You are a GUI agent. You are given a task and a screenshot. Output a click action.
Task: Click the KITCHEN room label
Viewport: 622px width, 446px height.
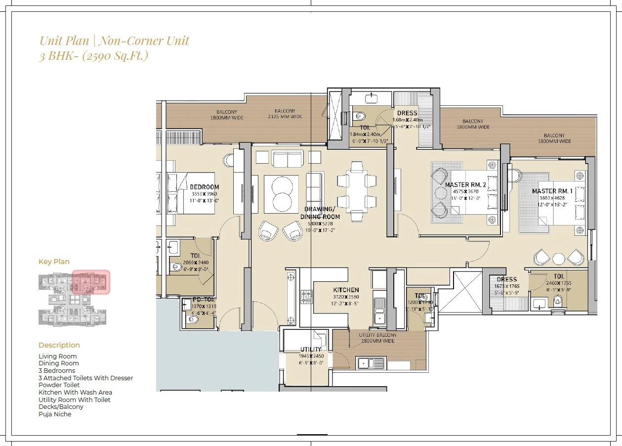tap(346, 290)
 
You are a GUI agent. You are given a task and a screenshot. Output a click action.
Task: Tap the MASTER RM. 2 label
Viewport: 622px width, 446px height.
tap(465, 185)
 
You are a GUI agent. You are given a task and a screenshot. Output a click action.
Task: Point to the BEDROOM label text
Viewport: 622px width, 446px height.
tap(204, 187)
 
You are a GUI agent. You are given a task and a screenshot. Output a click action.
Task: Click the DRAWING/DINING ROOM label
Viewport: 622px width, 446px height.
tap(322, 213)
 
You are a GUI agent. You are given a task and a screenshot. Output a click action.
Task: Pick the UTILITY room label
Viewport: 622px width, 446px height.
tap(311, 350)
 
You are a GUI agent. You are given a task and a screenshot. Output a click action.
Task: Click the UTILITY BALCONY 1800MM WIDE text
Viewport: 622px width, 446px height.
tap(377, 338)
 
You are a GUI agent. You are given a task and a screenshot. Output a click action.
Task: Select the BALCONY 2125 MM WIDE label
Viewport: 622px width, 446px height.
tap(285, 114)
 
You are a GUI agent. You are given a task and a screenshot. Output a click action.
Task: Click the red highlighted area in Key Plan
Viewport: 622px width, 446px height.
tap(91, 282)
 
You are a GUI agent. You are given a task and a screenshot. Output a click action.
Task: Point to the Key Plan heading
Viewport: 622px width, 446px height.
tap(54, 262)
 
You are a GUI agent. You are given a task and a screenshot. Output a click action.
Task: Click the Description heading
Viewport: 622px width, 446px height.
tap(59, 345)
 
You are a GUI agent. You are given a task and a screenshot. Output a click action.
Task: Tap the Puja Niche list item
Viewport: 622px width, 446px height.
tap(55, 414)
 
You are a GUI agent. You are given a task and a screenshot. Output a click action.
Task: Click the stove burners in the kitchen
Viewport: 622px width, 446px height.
tap(306, 297)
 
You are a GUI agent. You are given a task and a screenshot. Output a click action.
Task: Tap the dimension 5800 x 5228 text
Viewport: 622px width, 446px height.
tap(320, 223)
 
